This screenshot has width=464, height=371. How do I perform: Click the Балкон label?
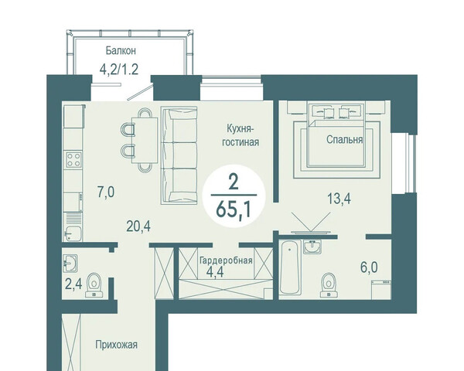(121, 51)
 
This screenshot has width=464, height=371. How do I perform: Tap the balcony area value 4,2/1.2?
(119, 70)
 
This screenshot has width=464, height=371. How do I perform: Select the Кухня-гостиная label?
(241, 135)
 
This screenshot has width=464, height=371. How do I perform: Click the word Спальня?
(344, 140)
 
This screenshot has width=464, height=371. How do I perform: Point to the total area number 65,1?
(234, 209)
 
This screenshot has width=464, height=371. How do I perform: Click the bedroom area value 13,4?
(339, 199)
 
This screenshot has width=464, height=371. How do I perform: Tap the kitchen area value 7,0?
(106, 192)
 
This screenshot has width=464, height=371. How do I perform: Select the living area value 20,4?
(138, 226)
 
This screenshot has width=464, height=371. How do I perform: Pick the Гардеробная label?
(226, 260)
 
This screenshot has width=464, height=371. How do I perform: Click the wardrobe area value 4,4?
(215, 272)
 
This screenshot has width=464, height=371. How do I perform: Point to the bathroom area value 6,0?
(369, 267)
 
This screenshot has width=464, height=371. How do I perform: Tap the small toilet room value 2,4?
(73, 284)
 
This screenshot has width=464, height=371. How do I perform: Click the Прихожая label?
(116, 345)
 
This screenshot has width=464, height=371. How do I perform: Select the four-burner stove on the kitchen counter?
(73, 159)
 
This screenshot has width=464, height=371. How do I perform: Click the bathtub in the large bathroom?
(290, 267)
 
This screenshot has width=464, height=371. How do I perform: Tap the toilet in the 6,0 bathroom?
(329, 284)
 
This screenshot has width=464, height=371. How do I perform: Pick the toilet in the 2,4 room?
(94, 284)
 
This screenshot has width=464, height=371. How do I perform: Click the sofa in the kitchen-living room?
(179, 155)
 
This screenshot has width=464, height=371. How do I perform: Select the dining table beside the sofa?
(145, 140)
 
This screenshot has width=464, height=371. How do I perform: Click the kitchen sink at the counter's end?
(73, 233)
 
